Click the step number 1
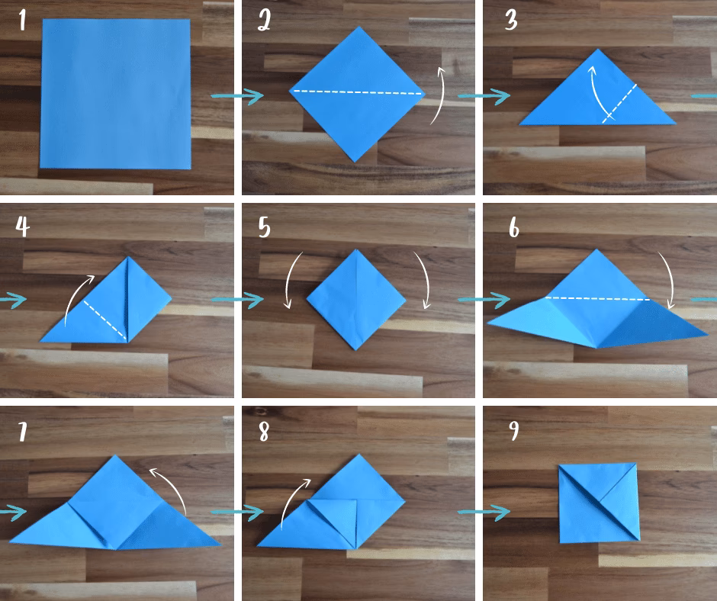pyautogui.click(x=22, y=21)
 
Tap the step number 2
pyautogui.click(x=265, y=21)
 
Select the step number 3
pyautogui.click(x=511, y=21)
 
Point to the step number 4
pyautogui.click(x=22, y=226)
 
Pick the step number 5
pyautogui.click(x=265, y=227)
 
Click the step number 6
pyautogui.click(x=514, y=227)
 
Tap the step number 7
pyautogui.click(x=22, y=432)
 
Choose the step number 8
pyautogui.click(x=264, y=432)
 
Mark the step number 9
pyautogui.click(x=514, y=430)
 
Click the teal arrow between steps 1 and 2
pyautogui.click(x=237, y=96)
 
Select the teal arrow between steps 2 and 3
pyautogui.click(x=484, y=96)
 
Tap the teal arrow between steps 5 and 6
pyautogui.click(x=484, y=300)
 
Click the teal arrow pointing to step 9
pyautogui.click(x=484, y=512)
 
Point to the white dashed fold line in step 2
pyautogui.click(x=358, y=92)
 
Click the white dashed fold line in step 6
pyautogui.click(x=598, y=299)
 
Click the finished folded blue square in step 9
pyautogui.click(x=599, y=503)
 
